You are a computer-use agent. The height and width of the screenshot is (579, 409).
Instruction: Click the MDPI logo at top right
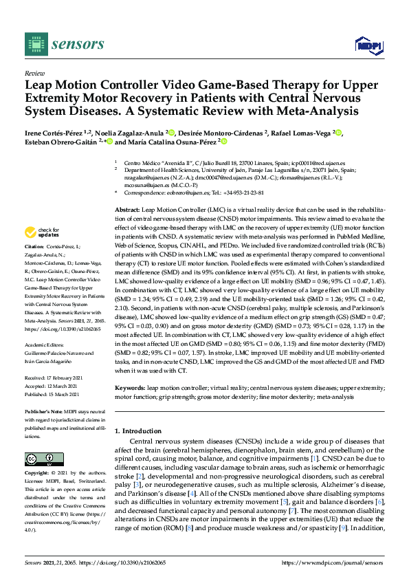click(x=368, y=45)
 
